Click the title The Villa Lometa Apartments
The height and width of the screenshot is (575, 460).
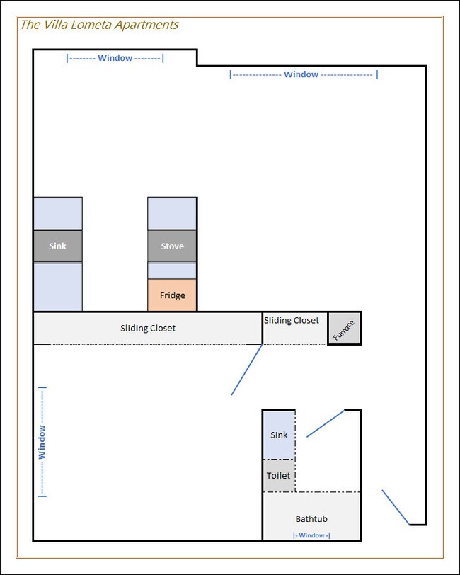tap(99, 25)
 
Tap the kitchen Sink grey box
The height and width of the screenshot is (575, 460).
tap(58, 246)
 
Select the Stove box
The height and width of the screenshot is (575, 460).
tap(172, 246)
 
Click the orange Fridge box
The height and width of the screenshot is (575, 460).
tap(172, 295)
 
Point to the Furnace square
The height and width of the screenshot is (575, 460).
tap(344, 329)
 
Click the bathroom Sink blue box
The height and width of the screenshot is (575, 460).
tap(279, 435)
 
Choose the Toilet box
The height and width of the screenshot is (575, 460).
tap(279, 476)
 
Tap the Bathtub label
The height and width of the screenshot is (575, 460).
tap(311, 519)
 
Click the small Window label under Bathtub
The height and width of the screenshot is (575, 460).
tap(311, 535)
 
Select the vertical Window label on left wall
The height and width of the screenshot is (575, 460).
tap(42, 442)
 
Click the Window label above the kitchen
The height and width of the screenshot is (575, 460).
tap(115, 58)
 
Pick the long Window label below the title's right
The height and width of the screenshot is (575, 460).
tap(304, 74)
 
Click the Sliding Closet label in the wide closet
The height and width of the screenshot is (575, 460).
tap(148, 328)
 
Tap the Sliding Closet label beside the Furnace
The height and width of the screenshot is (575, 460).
tap(292, 320)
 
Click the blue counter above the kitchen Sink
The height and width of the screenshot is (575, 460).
tap(58, 213)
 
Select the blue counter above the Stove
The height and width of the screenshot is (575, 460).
tap(172, 213)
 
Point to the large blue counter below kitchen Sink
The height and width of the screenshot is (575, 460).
tap(58, 287)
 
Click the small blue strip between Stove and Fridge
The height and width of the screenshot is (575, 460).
tap(172, 271)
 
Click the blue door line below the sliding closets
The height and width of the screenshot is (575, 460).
tap(247, 370)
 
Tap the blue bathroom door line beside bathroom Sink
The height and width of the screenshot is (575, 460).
tap(326, 423)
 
